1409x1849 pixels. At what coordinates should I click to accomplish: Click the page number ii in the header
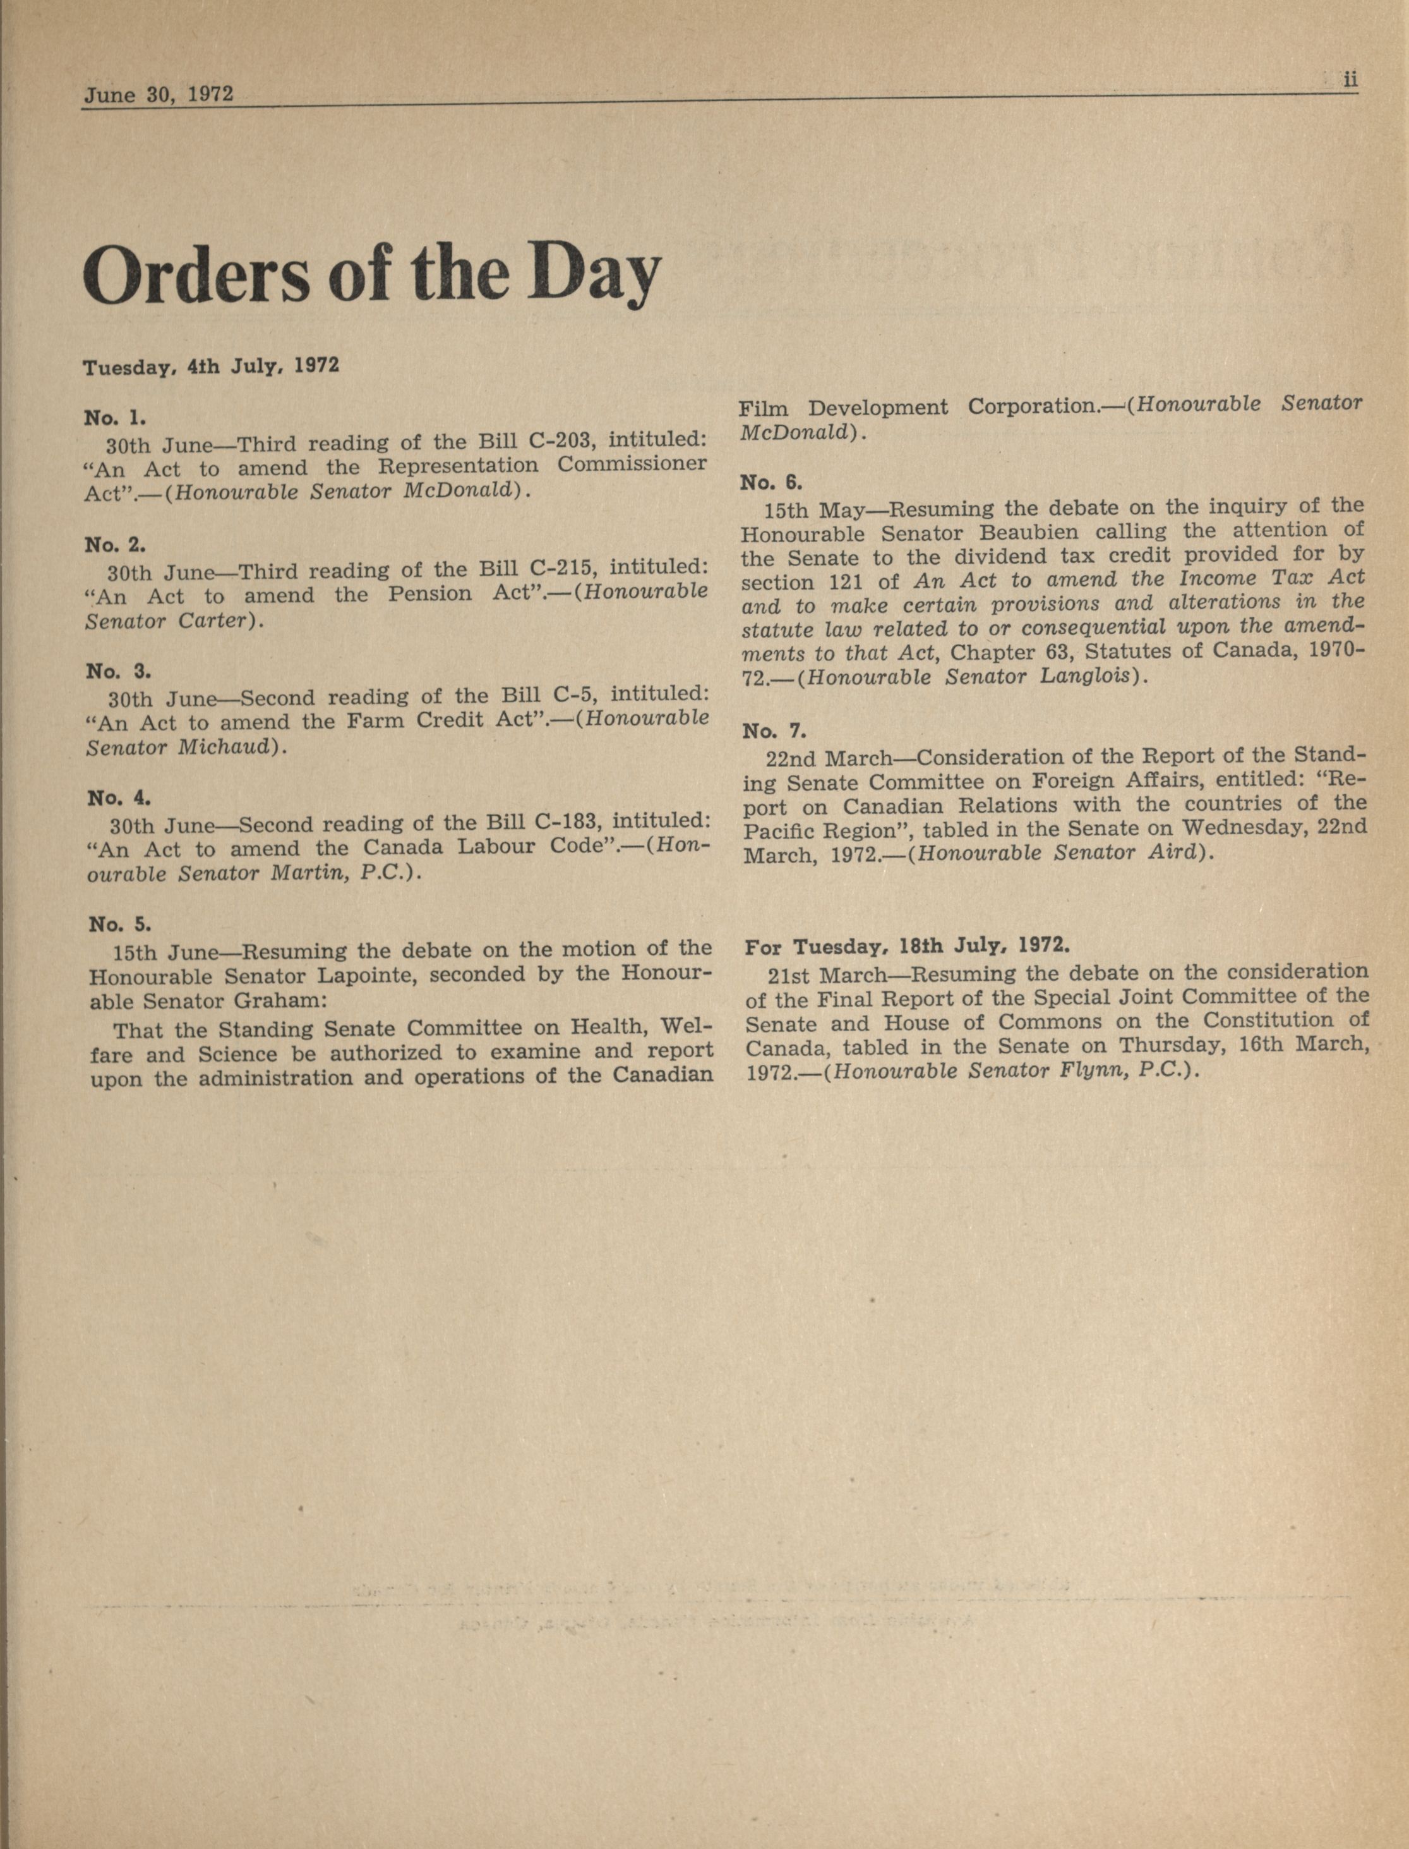tap(1350, 80)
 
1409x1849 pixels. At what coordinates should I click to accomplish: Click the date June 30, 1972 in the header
tap(158, 94)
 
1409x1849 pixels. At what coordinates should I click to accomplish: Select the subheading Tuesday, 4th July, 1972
tap(210, 367)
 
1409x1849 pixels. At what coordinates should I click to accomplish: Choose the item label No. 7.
tap(773, 731)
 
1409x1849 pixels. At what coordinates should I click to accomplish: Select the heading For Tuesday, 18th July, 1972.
tap(907, 947)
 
